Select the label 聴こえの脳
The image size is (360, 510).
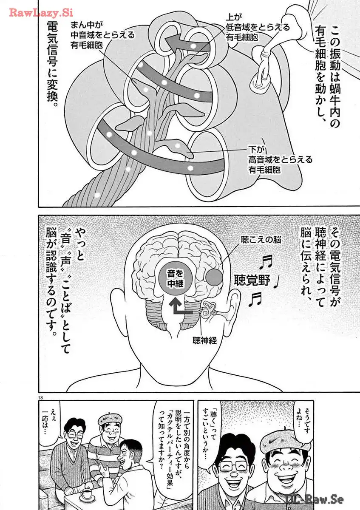pos(261,240)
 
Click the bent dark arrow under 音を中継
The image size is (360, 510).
pos(181,307)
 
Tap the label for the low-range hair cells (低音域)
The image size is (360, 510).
pos(258,27)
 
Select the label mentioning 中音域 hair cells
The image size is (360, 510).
pos(102,34)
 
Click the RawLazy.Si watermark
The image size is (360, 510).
pos(41,13)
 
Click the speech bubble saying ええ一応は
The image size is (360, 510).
pos(54,419)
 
